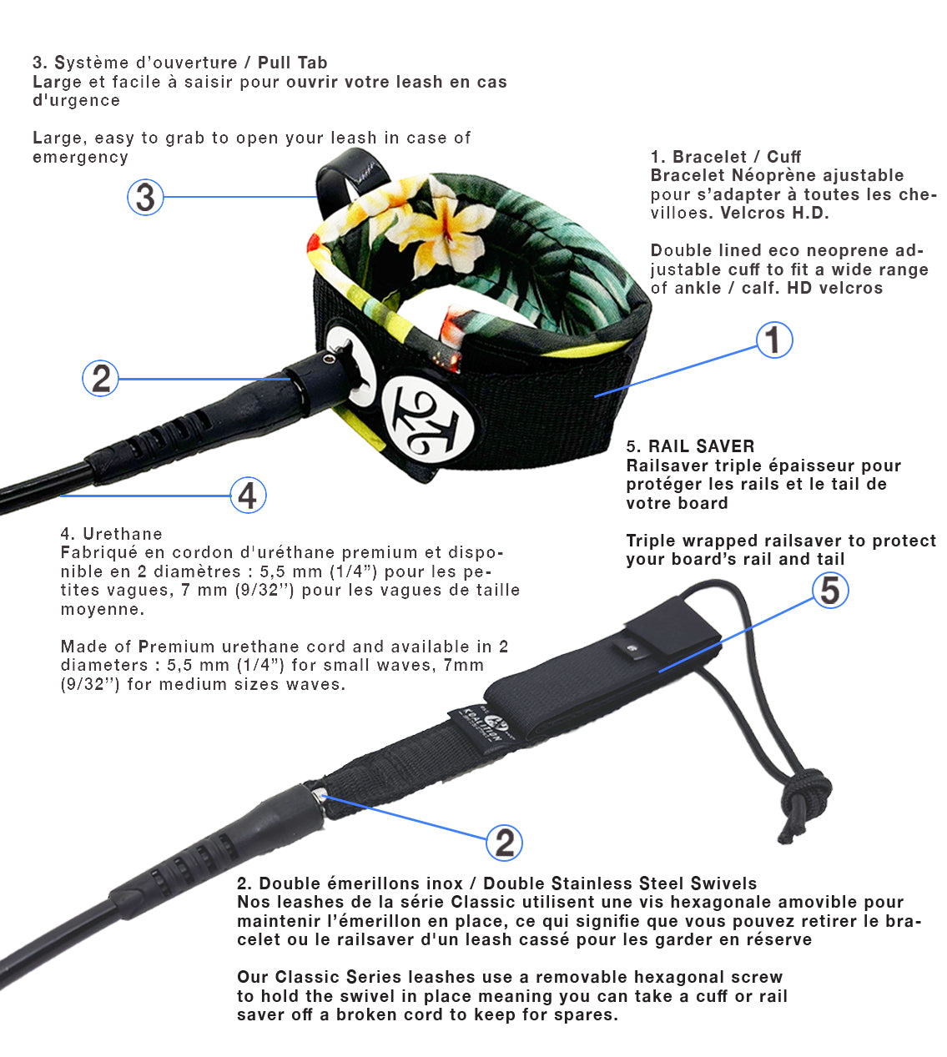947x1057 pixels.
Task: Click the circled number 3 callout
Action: (x=145, y=197)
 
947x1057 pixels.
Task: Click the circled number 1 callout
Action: (x=774, y=340)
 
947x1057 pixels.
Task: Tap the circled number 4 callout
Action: (x=248, y=495)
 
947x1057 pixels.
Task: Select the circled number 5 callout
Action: (x=830, y=591)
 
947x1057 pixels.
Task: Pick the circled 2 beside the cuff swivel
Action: (x=100, y=378)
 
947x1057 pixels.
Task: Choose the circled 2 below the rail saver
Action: (x=504, y=843)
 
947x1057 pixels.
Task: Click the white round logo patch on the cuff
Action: (x=428, y=419)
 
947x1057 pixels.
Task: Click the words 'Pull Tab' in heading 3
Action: (x=293, y=63)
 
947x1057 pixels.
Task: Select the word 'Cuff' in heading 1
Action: (x=783, y=157)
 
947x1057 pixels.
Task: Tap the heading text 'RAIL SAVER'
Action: (x=701, y=446)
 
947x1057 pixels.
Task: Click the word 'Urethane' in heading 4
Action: (x=123, y=534)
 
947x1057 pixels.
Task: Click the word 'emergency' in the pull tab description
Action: (x=80, y=157)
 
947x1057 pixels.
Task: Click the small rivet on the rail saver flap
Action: (x=633, y=648)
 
